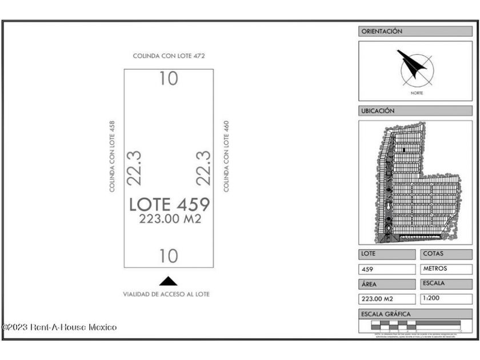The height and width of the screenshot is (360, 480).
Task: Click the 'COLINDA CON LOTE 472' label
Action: coord(169,56)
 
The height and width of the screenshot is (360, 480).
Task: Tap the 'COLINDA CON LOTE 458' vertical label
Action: coord(112,155)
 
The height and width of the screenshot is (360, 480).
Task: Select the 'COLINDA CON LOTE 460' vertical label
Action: coord(226,155)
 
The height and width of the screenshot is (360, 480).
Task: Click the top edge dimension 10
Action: coord(169,78)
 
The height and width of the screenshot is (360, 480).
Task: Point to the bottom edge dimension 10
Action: coord(169,256)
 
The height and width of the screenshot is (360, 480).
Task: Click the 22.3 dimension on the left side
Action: coord(134,167)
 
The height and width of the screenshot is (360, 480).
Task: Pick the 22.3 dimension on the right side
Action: coord(203,167)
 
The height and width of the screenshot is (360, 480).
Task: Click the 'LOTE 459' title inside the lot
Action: coord(169,204)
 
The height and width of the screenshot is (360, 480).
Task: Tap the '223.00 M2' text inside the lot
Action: coord(170,219)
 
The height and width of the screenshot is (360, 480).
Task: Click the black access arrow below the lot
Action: coord(168,281)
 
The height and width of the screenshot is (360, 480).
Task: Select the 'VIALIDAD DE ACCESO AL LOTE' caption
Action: coord(166,294)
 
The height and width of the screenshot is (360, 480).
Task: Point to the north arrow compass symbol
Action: coord(415,67)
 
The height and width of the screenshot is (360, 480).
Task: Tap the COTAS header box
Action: coord(447,254)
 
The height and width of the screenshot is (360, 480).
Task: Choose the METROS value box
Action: coord(447,269)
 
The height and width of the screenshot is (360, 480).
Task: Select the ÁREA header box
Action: coord(387,283)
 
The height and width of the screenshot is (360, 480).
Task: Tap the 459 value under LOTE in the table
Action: coord(387,269)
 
